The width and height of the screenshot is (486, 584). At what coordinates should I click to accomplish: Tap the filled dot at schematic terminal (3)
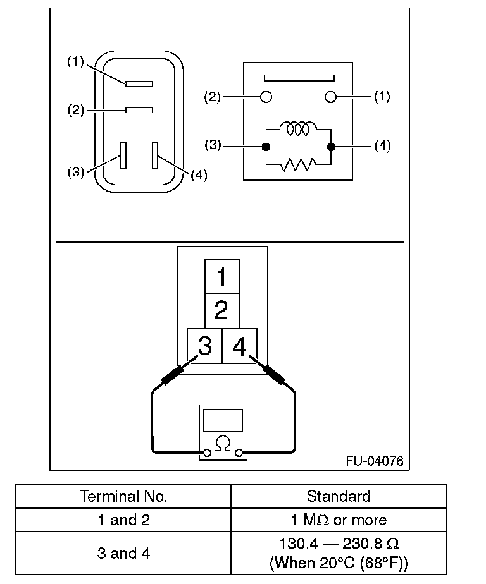click(266, 147)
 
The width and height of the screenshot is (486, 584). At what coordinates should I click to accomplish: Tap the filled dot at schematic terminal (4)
click(330, 147)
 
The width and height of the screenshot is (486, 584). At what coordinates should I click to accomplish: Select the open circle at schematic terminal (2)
click(266, 97)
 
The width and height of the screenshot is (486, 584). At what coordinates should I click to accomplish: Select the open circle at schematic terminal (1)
click(330, 97)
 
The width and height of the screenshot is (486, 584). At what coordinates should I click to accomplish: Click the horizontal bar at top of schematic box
click(298, 78)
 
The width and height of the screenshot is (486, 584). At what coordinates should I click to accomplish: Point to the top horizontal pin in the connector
click(139, 83)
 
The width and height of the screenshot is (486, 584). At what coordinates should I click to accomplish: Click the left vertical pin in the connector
click(123, 155)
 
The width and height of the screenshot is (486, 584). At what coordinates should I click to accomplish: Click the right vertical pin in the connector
click(154, 155)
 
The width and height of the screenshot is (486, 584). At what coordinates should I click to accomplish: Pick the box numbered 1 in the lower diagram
click(221, 276)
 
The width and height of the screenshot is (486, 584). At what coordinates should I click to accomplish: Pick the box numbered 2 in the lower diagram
click(221, 310)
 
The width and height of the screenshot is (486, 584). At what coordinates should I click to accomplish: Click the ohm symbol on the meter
click(222, 443)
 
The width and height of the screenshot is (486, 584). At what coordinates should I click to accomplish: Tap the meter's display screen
click(222, 420)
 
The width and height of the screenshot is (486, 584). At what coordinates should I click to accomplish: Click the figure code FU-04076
click(374, 461)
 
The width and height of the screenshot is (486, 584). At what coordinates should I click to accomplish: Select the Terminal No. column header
click(123, 496)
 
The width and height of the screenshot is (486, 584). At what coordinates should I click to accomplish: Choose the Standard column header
click(339, 496)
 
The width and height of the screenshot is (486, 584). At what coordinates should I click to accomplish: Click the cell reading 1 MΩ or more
click(339, 520)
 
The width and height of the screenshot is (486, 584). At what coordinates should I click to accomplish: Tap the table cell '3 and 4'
click(123, 553)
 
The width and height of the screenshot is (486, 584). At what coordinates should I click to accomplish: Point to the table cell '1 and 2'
click(123, 520)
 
